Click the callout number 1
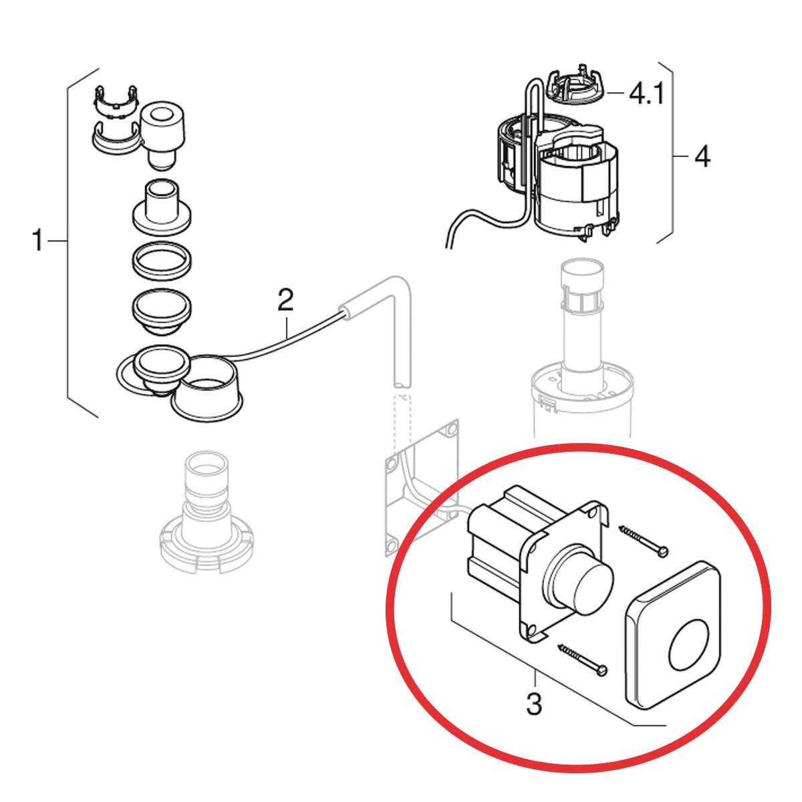[x=39, y=241]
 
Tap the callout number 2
[x=285, y=300]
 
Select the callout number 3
[x=533, y=702]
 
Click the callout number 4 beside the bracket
[x=702, y=158]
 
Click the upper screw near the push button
[x=643, y=539]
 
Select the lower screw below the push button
[x=583, y=658]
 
